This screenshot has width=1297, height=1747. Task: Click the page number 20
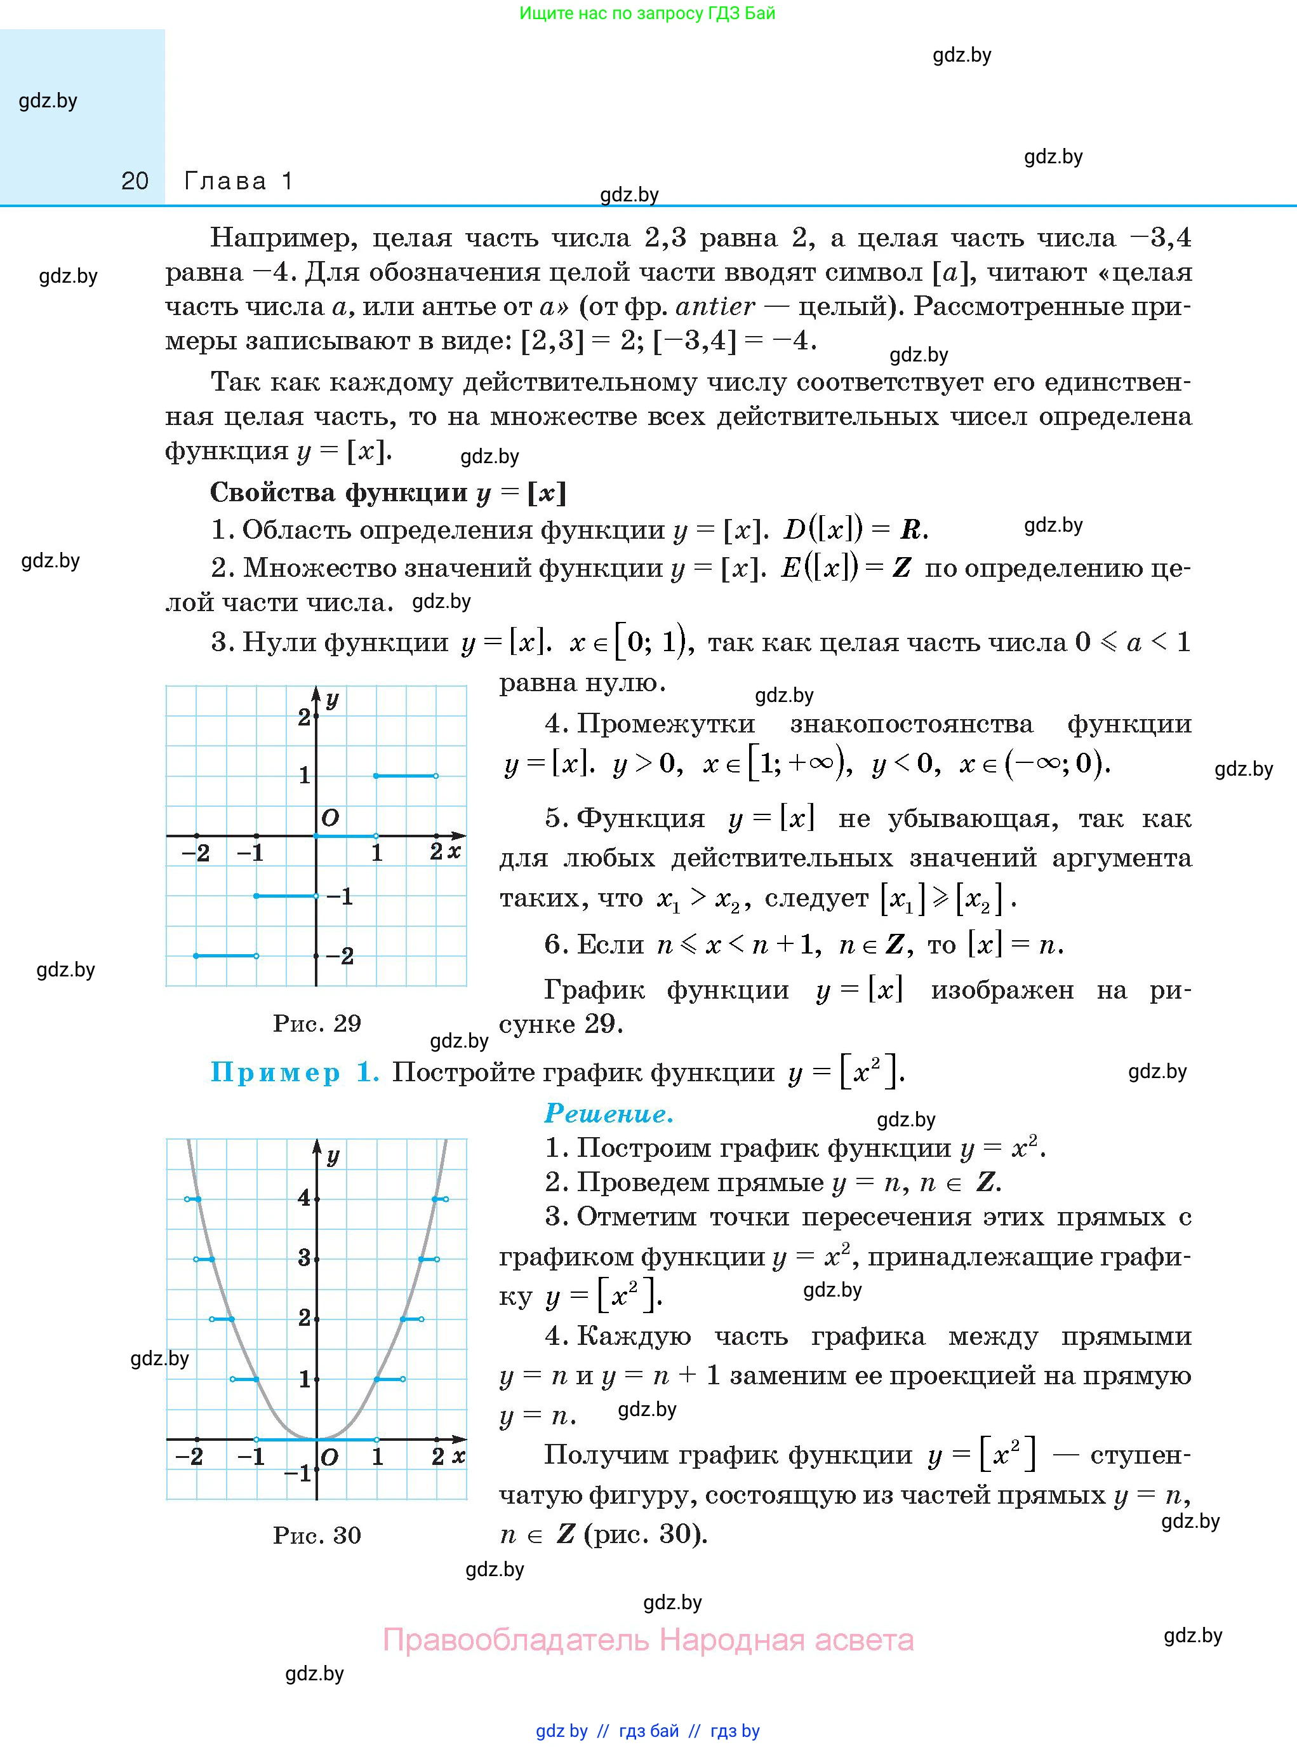tap(135, 182)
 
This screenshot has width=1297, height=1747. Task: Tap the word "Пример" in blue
tap(275, 1072)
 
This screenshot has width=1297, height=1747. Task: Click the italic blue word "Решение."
tap(608, 1113)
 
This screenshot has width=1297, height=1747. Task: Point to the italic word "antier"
tap(714, 306)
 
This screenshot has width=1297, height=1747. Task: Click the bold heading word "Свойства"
tap(272, 492)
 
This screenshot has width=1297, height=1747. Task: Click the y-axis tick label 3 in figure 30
tap(304, 1258)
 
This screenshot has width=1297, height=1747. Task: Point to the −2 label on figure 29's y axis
tap(339, 956)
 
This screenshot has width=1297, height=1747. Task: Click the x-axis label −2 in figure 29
tap(196, 853)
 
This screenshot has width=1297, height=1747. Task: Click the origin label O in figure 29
tap(331, 818)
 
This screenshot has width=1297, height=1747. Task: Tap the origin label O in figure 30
tap(329, 1458)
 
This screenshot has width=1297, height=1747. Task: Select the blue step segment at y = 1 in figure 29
tap(405, 776)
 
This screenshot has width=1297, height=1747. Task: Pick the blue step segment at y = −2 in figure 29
tap(226, 956)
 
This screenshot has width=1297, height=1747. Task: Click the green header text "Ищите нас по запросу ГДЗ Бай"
tap(647, 13)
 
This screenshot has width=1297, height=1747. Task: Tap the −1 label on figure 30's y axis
tap(298, 1474)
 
